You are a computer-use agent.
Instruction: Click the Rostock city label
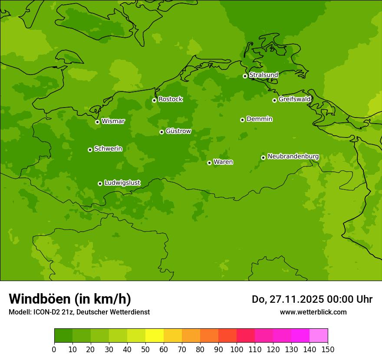170,99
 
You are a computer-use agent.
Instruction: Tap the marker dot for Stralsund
245,76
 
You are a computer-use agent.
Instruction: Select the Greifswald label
294,99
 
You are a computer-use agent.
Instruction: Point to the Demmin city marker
242,120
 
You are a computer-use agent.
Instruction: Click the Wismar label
113,121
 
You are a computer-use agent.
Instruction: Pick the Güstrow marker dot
161,132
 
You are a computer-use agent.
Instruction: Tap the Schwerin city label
108,149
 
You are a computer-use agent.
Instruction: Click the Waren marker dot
209,163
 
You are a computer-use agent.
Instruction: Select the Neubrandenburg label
293,157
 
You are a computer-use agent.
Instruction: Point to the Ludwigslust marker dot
100,183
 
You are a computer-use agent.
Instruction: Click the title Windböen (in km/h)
70,299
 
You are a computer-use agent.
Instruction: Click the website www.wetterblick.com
313,312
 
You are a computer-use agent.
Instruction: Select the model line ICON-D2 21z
79,312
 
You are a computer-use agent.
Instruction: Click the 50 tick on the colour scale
145,349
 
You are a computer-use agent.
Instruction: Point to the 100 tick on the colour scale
237,349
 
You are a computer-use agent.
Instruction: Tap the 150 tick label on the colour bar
328,349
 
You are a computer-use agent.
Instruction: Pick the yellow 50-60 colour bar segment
155,335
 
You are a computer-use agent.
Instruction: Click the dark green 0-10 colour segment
63,335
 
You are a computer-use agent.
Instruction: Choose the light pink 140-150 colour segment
319,335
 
